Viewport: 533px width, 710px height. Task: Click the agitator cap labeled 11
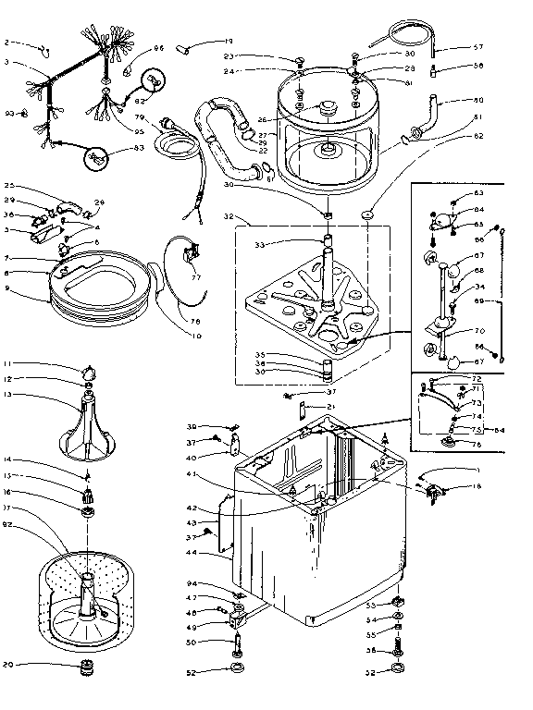(x=89, y=371)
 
